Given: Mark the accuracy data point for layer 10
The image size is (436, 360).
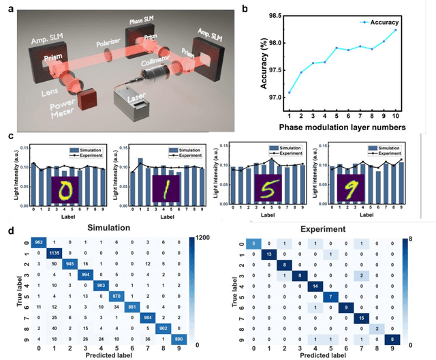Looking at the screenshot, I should pyautogui.click(x=414, y=30).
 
